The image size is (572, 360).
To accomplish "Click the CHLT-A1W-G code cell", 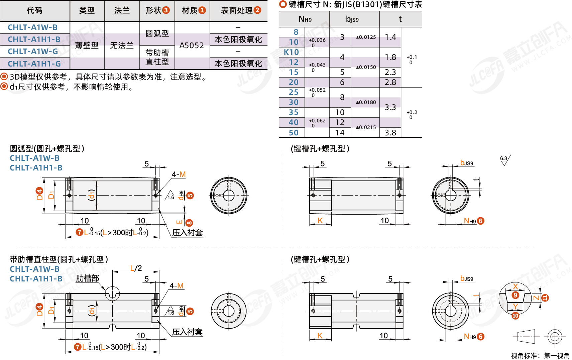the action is click(33, 51).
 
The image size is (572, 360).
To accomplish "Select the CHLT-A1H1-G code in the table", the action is click(34, 64).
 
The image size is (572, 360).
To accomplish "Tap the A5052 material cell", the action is click(192, 45).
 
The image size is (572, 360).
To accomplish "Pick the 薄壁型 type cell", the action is click(87, 45).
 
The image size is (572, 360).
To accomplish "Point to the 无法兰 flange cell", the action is click(122, 45).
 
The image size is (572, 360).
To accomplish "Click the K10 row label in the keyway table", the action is click(292, 52).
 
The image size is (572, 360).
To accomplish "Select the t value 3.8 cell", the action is click(390, 132).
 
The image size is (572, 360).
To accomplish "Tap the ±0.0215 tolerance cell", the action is click(366, 127).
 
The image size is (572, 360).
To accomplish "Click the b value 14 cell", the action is click(340, 132).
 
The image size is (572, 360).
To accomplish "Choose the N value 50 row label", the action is click(294, 132).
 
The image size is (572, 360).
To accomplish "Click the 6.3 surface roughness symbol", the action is click(505, 160).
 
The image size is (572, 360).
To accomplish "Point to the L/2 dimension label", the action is click(136, 268).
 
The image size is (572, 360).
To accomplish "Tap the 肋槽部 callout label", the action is click(88, 278).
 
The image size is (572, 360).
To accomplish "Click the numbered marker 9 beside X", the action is click(515, 295).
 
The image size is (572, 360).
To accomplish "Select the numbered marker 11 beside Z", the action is click(545, 298).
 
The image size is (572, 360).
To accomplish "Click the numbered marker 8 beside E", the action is click(189, 223).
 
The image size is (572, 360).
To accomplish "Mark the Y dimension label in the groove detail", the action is click(515, 307).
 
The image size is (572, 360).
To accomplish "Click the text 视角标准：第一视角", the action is click(540, 355).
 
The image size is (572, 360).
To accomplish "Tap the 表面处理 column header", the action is click(241, 10).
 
